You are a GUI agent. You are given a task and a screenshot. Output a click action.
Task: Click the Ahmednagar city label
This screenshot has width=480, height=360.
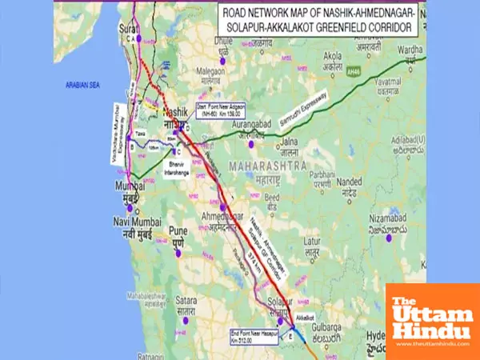pyautogui.click(x=222, y=221)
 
